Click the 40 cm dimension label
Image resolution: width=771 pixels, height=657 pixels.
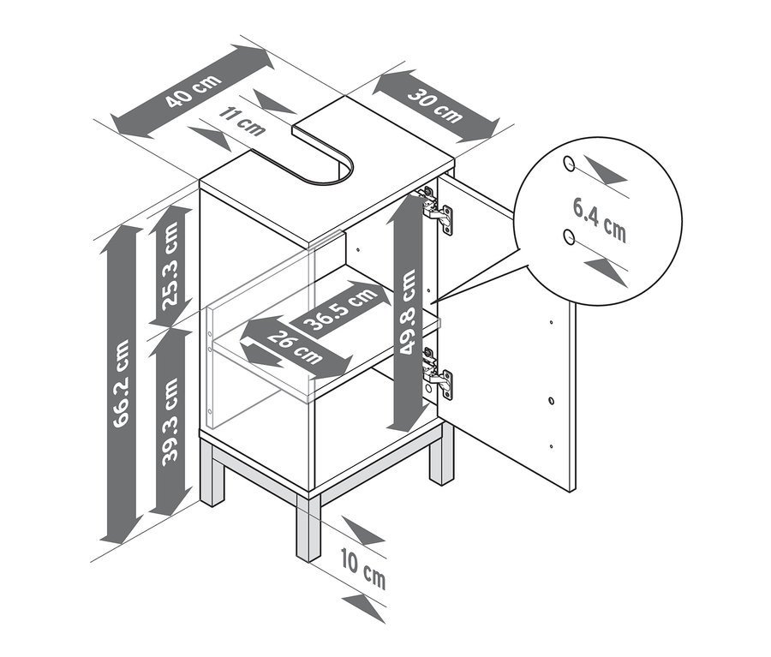point(193,92)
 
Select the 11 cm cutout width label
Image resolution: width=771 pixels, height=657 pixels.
point(242,121)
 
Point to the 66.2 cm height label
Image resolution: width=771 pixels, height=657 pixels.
point(121,383)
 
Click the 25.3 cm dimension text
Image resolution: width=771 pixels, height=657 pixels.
point(170,266)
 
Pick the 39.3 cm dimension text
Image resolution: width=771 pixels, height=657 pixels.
point(170,421)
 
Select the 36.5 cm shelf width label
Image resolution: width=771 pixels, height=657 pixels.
point(339,309)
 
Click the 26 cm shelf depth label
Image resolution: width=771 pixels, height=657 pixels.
point(295,348)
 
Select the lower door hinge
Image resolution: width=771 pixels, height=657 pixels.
point(437,373)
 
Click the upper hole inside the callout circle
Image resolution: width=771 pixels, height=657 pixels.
point(569,164)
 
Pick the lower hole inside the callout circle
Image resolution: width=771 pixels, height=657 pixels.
point(570,237)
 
